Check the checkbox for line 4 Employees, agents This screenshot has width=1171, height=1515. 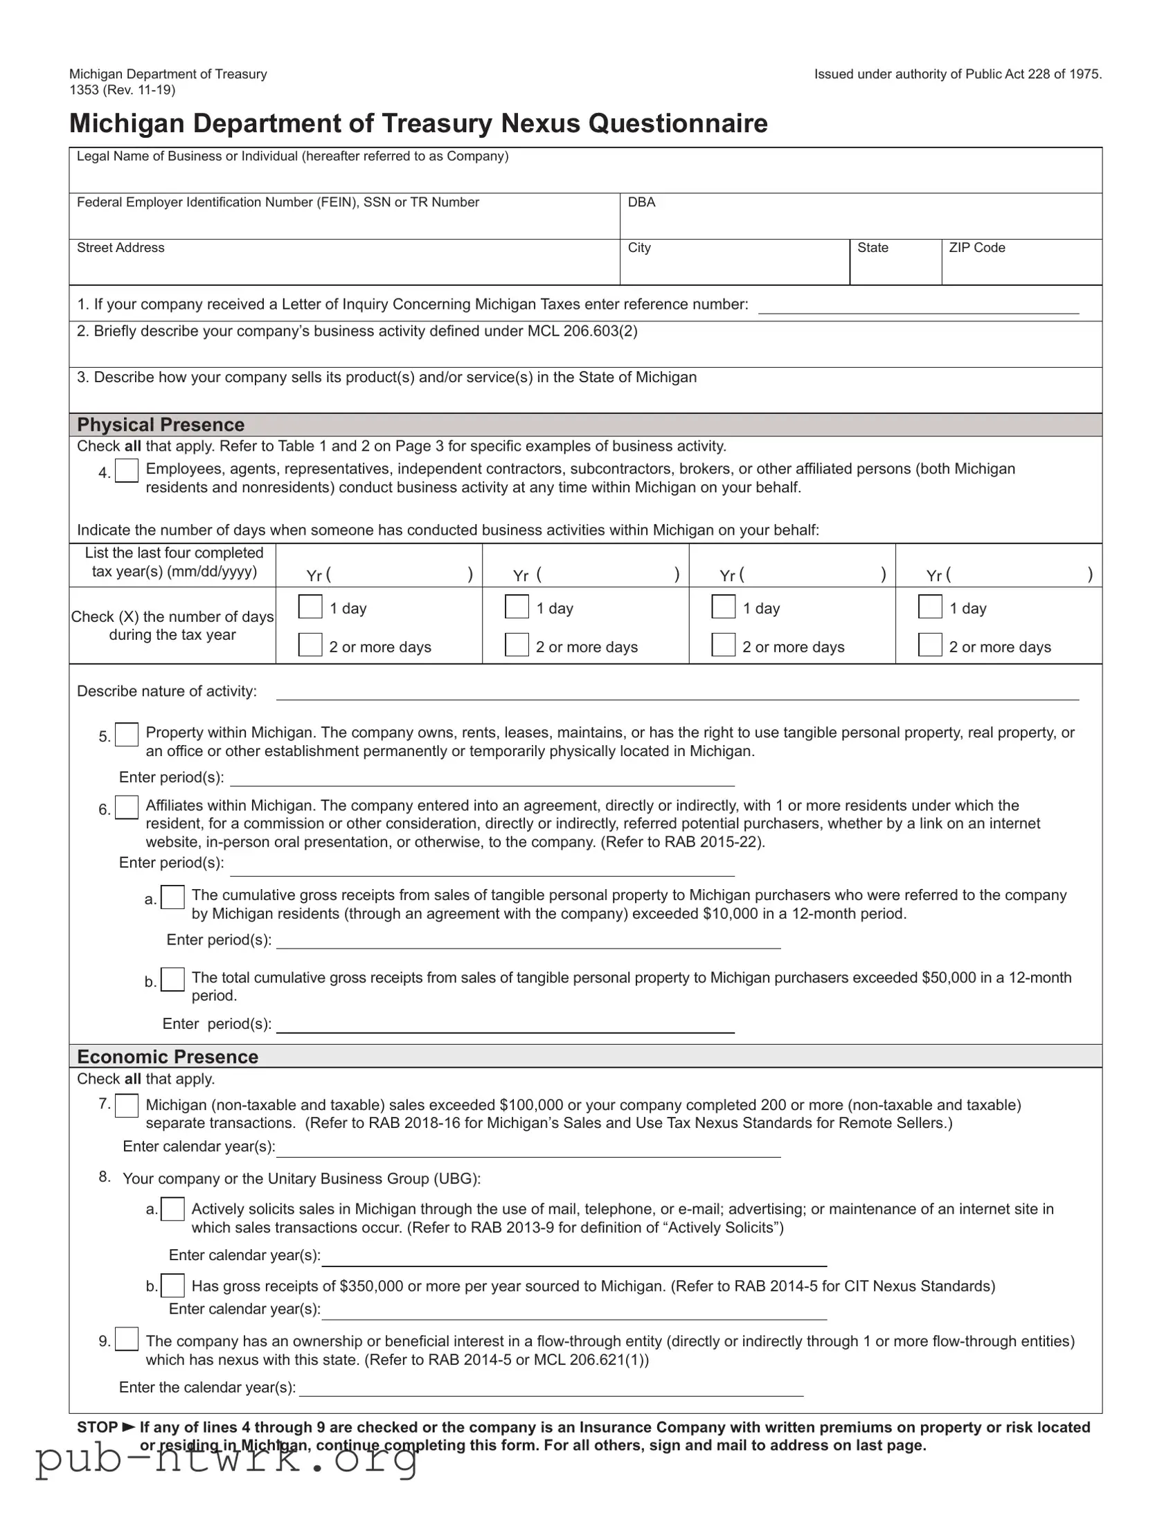(126, 471)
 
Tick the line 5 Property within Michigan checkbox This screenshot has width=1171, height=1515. (126, 735)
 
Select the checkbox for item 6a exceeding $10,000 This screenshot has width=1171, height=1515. (172, 897)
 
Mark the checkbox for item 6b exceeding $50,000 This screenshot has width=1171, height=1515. (172, 980)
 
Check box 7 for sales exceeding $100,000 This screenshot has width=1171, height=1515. (126, 1106)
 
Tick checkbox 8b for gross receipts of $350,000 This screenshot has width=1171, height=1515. (172, 1285)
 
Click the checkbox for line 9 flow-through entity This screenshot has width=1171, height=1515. (126, 1339)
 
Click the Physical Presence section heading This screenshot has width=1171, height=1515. (161, 424)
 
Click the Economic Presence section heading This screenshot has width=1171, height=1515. (167, 1057)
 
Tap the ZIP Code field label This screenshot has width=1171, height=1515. (977, 248)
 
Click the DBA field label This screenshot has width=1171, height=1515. (641, 202)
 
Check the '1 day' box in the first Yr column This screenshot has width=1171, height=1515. (310, 607)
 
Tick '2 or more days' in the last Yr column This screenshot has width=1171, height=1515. (930, 645)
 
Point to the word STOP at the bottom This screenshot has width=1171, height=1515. (97, 1427)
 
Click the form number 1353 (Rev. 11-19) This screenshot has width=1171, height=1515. (122, 89)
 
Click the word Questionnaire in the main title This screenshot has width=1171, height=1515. (678, 123)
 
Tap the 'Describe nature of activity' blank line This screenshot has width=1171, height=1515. (677, 693)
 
